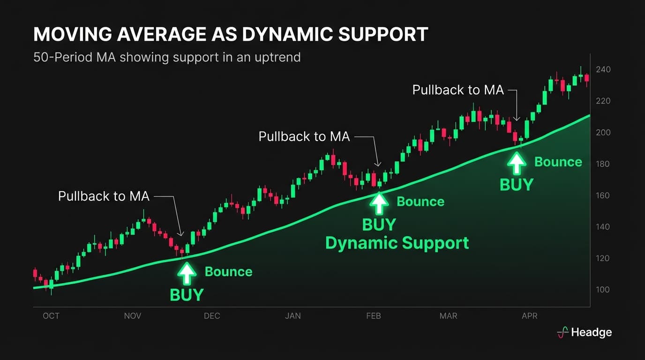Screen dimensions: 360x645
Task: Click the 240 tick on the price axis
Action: pyautogui.click(x=603, y=69)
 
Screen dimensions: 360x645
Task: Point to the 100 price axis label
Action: pyautogui.click(x=603, y=290)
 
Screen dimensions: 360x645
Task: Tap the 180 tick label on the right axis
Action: pyautogui.click(x=603, y=164)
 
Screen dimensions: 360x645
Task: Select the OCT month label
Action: pyautogui.click(x=51, y=316)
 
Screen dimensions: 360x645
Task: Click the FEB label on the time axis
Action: pyautogui.click(x=374, y=316)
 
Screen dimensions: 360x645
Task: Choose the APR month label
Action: pyautogui.click(x=530, y=316)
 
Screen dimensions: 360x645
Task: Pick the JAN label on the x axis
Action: pyautogui.click(x=293, y=316)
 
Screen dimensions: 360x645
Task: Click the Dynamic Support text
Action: pyautogui.click(x=397, y=243)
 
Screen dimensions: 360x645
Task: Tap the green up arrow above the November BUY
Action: pyautogui.click(x=187, y=273)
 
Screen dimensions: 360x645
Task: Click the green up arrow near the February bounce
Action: pyautogui.click(x=379, y=203)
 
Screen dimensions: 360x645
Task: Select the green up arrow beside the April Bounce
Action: pyautogui.click(x=517, y=163)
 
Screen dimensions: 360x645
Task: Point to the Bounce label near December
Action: pyautogui.click(x=228, y=272)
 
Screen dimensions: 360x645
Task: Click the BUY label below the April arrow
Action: pyautogui.click(x=517, y=185)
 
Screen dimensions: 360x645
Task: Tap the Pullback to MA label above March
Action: pyautogui.click(x=458, y=90)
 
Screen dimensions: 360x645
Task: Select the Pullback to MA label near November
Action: pyautogui.click(x=104, y=196)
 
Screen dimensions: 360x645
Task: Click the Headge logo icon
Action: pyautogui.click(x=562, y=332)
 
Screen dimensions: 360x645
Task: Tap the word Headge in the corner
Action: pyautogui.click(x=592, y=332)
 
